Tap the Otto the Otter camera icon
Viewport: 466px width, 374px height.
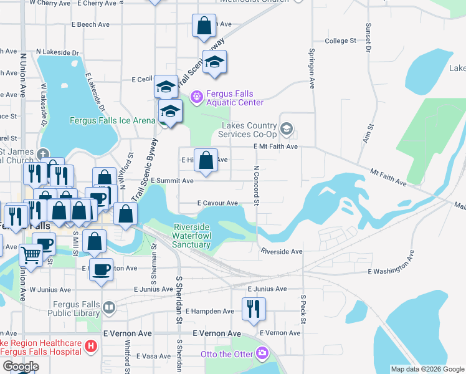(x=262, y=353)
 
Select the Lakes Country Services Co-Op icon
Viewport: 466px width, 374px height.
(x=287, y=129)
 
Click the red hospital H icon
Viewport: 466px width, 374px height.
(x=91, y=345)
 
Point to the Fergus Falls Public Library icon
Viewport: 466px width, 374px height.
(x=109, y=307)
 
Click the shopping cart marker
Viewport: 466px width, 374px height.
(x=30, y=254)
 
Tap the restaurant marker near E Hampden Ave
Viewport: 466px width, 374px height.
(x=254, y=309)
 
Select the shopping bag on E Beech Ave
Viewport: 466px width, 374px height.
(x=204, y=26)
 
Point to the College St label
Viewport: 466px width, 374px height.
(x=340, y=41)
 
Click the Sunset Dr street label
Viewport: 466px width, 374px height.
(x=369, y=37)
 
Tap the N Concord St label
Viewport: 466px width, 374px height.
(x=256, y=184)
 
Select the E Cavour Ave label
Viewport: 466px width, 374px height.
(x=218, y=203)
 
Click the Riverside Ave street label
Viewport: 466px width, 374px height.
(x=282, y=252)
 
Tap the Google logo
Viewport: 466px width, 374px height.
(x=21, y=367)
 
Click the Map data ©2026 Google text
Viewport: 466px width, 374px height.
(x=427, y=369)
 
